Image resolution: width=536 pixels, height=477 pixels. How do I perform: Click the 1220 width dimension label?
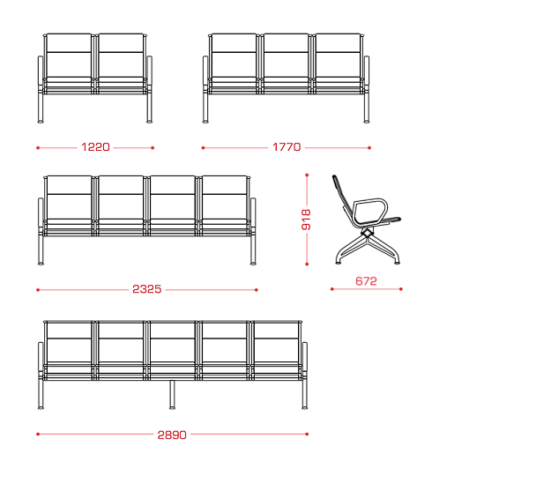95,147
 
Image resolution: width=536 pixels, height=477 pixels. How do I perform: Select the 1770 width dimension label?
287,147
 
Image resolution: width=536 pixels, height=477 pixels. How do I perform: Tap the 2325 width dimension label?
146,289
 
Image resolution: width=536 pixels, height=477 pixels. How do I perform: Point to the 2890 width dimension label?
172,435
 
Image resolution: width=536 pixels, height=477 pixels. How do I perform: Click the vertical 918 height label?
306,220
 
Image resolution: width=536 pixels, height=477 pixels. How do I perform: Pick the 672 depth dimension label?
366,281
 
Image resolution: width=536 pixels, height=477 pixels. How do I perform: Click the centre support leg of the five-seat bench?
172,394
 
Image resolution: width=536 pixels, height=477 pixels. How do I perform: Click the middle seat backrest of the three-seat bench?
287,56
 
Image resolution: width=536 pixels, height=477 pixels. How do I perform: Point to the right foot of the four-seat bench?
253,264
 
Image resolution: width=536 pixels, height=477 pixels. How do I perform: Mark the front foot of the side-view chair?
397,262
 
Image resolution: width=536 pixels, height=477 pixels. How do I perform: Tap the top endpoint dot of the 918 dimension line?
307,175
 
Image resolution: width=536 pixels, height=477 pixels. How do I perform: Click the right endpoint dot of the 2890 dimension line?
307,435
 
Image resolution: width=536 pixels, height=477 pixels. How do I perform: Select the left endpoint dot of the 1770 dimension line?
203,148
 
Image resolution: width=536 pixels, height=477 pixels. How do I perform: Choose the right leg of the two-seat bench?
149,107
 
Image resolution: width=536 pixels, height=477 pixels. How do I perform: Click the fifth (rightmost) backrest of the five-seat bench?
276,342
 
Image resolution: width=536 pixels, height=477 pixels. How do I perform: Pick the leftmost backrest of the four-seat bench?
69,198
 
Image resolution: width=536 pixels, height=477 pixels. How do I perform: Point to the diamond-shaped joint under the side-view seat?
367,233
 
